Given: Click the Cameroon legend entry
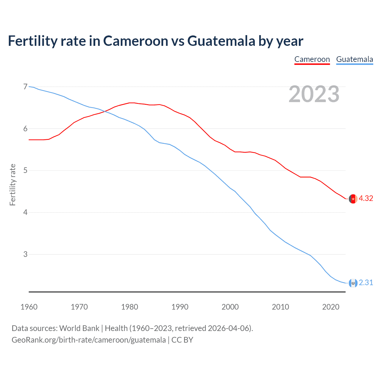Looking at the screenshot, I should [312, 59].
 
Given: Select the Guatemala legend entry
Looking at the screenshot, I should [355, 59].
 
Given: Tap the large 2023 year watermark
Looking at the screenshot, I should [314, 94].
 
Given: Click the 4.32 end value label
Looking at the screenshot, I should [366, 199].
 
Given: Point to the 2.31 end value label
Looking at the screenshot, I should [366, 282].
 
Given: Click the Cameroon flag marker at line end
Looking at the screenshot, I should [353, 199].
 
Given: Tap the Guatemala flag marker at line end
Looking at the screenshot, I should [353, 283].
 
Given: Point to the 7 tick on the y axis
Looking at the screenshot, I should [25, 87].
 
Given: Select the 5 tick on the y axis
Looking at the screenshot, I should [25, 171].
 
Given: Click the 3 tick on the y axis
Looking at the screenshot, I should [25, 254].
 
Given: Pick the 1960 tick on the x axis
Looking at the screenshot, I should [29, 307].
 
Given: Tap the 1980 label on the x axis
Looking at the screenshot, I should [129, 307].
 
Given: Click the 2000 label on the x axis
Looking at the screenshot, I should [230, 307].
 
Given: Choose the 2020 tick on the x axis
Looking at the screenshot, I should [331, 307].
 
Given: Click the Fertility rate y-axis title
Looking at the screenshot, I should [13, 185].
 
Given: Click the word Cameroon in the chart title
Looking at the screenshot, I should [135, 41].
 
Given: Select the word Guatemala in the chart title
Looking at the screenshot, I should [221, 41].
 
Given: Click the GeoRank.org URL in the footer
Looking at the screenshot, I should [89, 340].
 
